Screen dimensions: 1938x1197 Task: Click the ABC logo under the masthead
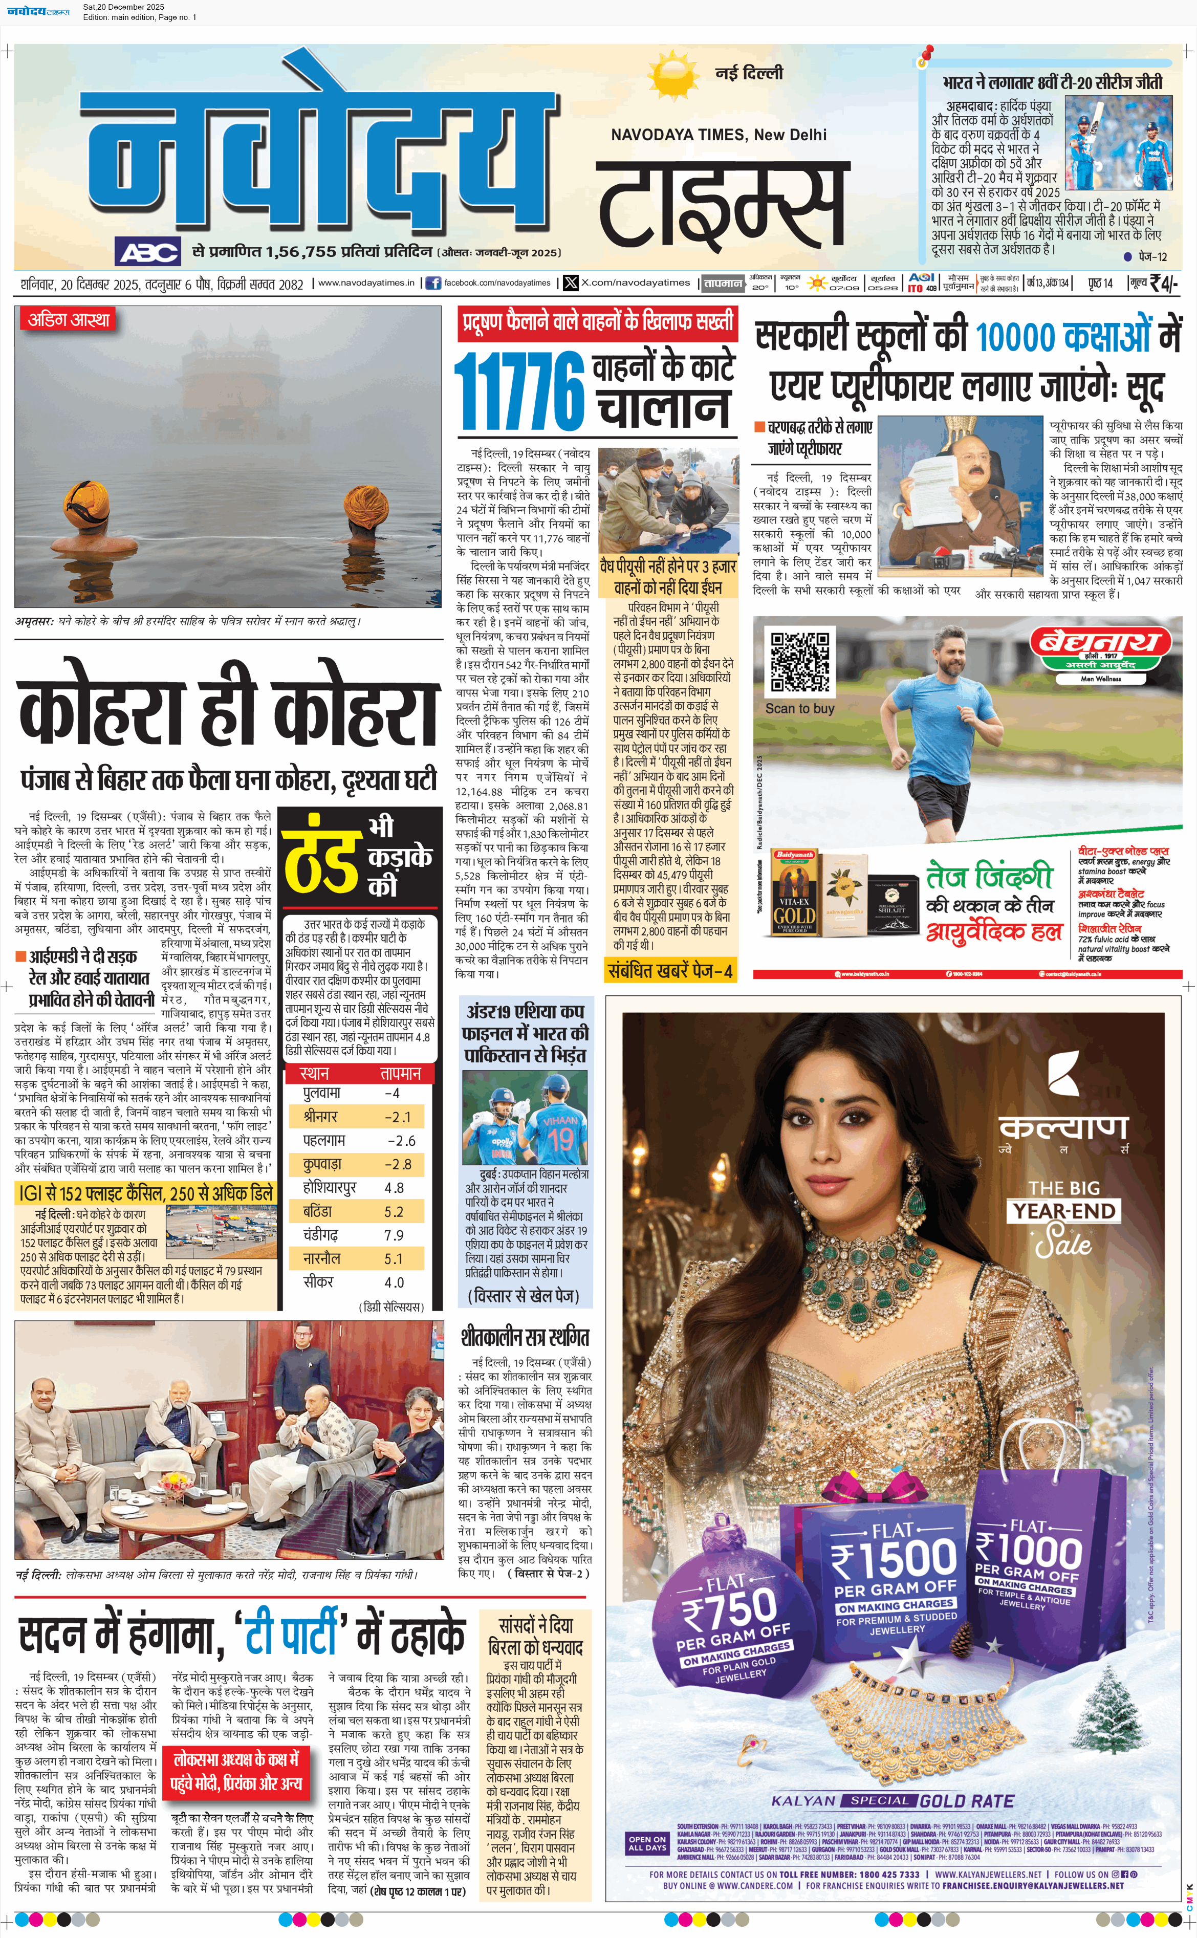click(x=149, y=252)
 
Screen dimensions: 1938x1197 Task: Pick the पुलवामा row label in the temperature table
click(x=322, y=1093)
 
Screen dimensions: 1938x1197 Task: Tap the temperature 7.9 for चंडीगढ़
click(x=394, y=1235)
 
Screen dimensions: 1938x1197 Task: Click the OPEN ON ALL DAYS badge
click(x=647, y=1843)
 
